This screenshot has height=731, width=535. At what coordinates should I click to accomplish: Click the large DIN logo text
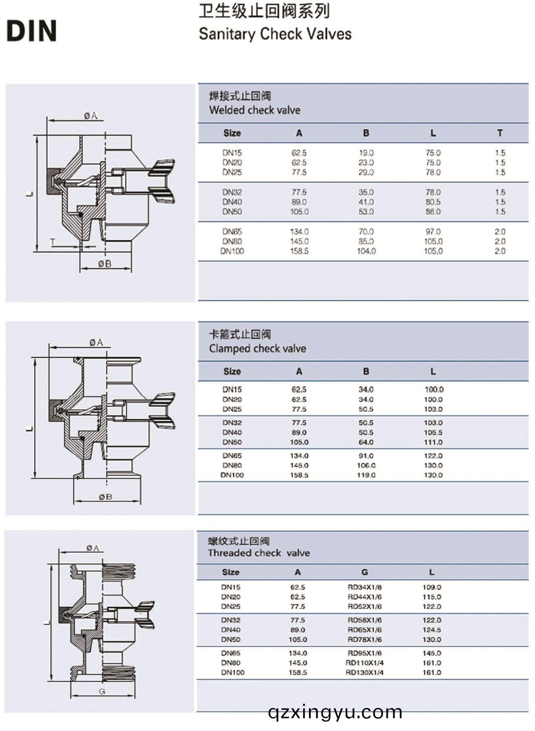[31, 31]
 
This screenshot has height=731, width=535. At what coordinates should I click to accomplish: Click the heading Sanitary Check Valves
[275, 34]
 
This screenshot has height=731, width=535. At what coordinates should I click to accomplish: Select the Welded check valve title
[255, 110]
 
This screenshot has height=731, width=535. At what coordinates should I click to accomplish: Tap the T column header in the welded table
[500, 133]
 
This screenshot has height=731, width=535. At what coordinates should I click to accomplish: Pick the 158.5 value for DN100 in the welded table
[299, 251]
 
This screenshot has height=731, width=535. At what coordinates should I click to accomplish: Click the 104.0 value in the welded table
[366, 251]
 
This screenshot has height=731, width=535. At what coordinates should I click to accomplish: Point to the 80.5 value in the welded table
[433, 202]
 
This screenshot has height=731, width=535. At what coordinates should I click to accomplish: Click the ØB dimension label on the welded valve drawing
[105, 264]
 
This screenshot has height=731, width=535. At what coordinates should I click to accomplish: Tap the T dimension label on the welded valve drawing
[52, 242]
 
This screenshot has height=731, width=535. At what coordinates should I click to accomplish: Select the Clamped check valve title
[257, 349]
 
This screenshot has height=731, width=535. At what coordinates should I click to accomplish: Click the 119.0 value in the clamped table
[366, 475]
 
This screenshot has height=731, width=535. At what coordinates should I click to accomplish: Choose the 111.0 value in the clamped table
[433, 442]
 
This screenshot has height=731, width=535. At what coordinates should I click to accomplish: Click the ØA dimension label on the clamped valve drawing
[97, 342]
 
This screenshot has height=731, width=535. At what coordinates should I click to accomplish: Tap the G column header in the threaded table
[364, 572]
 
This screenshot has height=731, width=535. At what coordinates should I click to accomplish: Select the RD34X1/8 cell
[364, 587]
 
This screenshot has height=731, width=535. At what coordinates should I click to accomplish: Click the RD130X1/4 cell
[364, 672]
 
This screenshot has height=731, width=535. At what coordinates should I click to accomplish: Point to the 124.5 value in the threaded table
[432, 630]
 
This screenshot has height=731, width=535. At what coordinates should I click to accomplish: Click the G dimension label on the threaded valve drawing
[102, 691]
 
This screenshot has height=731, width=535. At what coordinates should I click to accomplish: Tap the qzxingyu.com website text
[335, 712]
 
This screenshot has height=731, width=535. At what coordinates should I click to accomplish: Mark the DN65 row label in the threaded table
[231, 653]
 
